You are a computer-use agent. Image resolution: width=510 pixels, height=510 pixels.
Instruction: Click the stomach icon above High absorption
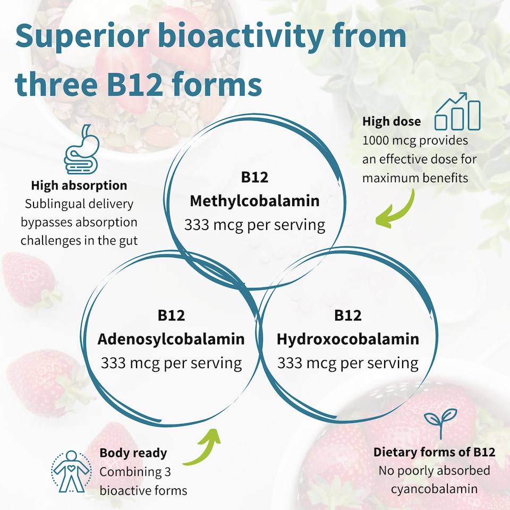point(81,150)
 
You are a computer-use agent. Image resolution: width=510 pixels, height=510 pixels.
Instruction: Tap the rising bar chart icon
point(457,111)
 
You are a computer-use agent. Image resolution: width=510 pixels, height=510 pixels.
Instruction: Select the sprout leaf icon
point(441,423)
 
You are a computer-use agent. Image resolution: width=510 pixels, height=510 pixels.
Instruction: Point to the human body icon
point(71,471)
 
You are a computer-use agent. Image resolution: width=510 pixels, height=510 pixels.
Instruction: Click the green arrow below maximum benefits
point(400,211)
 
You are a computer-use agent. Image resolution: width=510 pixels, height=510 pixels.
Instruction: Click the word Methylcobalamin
point(254,201)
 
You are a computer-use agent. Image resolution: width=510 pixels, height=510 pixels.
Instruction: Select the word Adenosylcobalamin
point(171,339)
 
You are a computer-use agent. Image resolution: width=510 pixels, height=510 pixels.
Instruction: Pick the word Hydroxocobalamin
point(348,339)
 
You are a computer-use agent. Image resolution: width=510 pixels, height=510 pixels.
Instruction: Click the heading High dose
point(392,121)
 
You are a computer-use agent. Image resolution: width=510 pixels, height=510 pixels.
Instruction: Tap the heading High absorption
point(79,185)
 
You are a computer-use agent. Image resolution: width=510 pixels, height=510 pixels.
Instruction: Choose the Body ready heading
point(133,453)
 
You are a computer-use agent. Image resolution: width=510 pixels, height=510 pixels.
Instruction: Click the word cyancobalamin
point(434,489)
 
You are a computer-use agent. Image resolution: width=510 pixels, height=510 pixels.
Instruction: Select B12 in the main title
point(134,84)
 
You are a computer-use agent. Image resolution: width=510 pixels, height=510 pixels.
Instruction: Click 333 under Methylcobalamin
point(197,225)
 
